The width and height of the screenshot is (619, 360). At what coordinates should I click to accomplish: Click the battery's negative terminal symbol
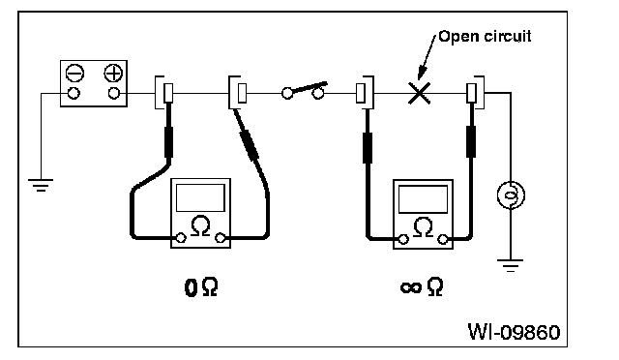(x=74, y=74)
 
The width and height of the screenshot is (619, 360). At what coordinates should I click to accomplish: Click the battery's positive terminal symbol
(x=113, y=74)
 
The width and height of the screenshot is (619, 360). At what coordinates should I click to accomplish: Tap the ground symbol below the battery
(x=41, y=185)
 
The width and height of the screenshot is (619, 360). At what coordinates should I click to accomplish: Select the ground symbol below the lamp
(x=510, y=265)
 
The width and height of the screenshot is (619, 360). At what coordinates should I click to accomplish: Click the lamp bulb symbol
(x=511, y=195)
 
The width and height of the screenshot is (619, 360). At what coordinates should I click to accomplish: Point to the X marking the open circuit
(x=419, y=93)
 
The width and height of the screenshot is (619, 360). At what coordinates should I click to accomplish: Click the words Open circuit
(x=485, y=37)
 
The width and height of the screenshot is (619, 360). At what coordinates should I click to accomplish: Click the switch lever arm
(x=309, y=88)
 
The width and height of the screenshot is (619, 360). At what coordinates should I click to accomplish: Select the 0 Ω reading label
(x=201, y=287)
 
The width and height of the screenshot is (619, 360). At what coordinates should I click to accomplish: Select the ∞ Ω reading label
(x=422, y=286)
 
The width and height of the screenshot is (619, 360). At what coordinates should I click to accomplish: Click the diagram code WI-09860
(x=514, y=332)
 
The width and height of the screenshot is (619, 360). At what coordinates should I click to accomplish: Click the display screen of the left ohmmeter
(x=200, y=197)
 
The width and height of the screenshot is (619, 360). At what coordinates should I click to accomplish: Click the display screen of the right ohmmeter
(x=423, y=199)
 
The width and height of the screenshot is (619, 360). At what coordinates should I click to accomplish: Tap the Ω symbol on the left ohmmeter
(x=200, y=226)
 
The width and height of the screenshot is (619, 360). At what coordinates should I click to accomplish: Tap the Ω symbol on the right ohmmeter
(x=423, y=227)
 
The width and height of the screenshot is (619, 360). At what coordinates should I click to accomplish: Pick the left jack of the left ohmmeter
(x=181, y=238)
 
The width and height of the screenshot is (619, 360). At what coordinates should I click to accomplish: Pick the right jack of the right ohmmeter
(x=443, y=239)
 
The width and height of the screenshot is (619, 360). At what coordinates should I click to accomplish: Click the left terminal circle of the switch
(x=287, y=93)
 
